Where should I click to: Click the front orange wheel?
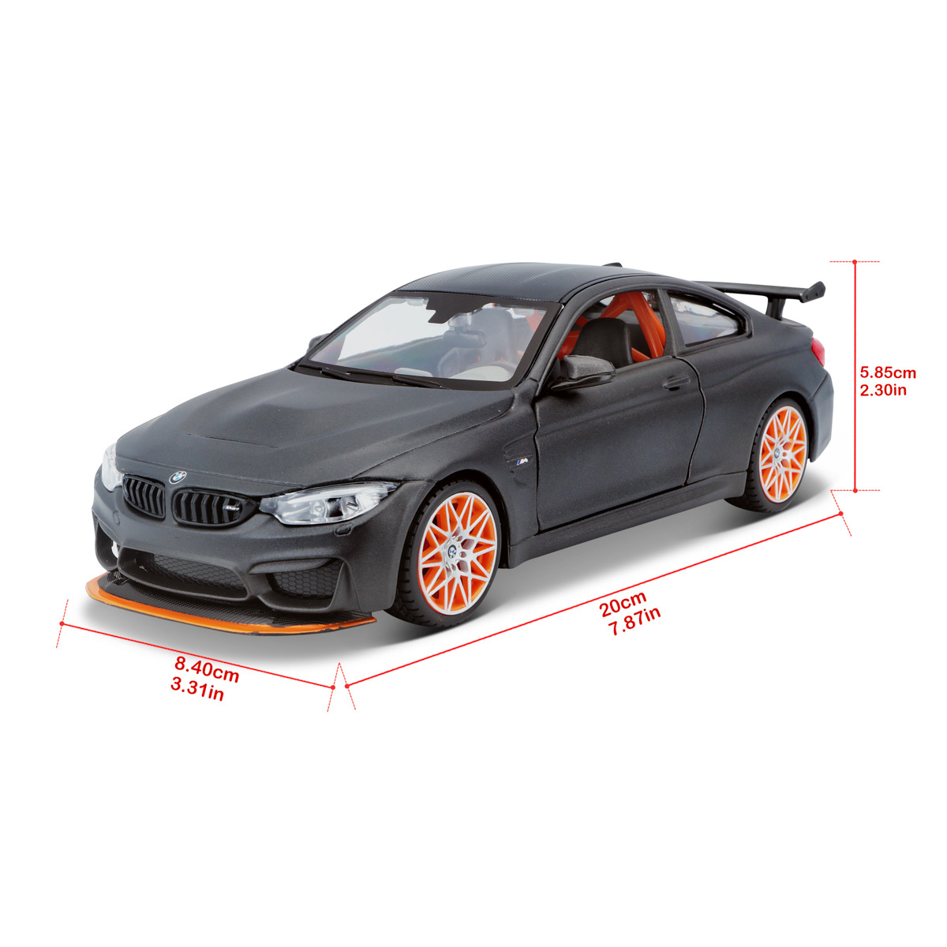click(457, 554)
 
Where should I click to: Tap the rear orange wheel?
click(782, 454)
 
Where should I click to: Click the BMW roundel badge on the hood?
click(178, 477)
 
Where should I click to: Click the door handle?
click(676, 382)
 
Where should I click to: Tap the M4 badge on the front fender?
click(522, 460)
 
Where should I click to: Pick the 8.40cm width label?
click(207, 669)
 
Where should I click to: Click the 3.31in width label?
click(197, 690)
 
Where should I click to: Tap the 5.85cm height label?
click(888, 373)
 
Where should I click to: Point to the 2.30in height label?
click(883, 391)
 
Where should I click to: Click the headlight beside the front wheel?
click(327, 502)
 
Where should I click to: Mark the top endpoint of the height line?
click(855, 261)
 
